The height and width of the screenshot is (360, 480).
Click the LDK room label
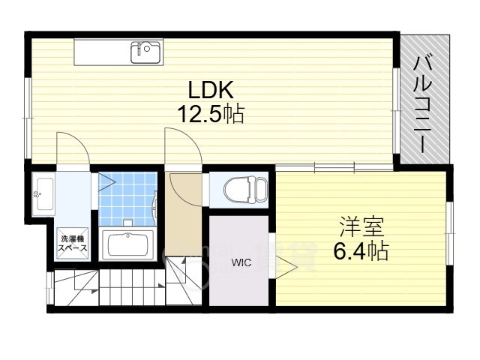pyautogui.click(x=211, y=90)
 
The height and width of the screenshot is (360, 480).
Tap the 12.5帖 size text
pyautogui.click(x=211, y=114)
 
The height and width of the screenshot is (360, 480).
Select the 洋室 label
pyautogui.click(x=361, y=226)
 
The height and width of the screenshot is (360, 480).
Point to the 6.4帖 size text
pyautogui.click(x=361, y=251)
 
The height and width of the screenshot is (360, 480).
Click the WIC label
pyautogui.click(x=241, y=262)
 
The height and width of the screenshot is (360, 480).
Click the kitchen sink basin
pyautogui.click(x=145, y=52)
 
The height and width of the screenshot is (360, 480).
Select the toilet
pyautogui.click(x=244, y=190)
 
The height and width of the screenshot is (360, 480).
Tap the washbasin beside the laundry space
pyautogui.click(x=43, y=194)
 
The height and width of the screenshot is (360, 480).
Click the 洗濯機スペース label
pyautogui.click(x=73, y=244)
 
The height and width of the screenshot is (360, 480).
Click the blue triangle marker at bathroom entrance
pyautogui.click(x=106, y=183)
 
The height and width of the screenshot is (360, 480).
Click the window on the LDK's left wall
pyautogui.click(x=28, y=118)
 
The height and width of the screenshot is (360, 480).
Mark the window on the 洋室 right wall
pyautogui.click(x=449, y=233)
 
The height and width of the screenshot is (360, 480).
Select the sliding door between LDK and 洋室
pyautogui.click(x=334, y=167)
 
